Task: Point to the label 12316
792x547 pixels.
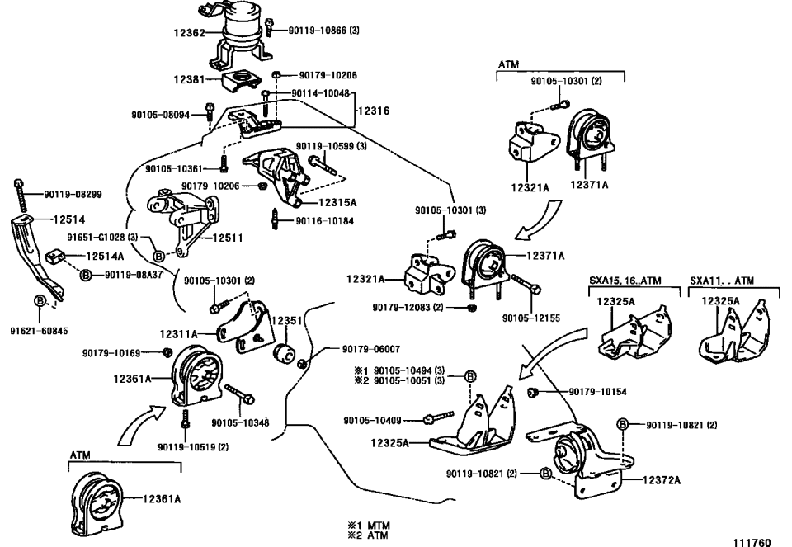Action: (x=373, y=110)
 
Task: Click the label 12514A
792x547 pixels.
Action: (x=105, y=256)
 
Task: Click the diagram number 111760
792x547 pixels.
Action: (x=751, y=541)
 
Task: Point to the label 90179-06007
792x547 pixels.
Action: (x=356, y=348)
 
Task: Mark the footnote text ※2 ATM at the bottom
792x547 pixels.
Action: (x=370, y=535)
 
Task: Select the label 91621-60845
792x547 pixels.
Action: (x=39, y=330)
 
